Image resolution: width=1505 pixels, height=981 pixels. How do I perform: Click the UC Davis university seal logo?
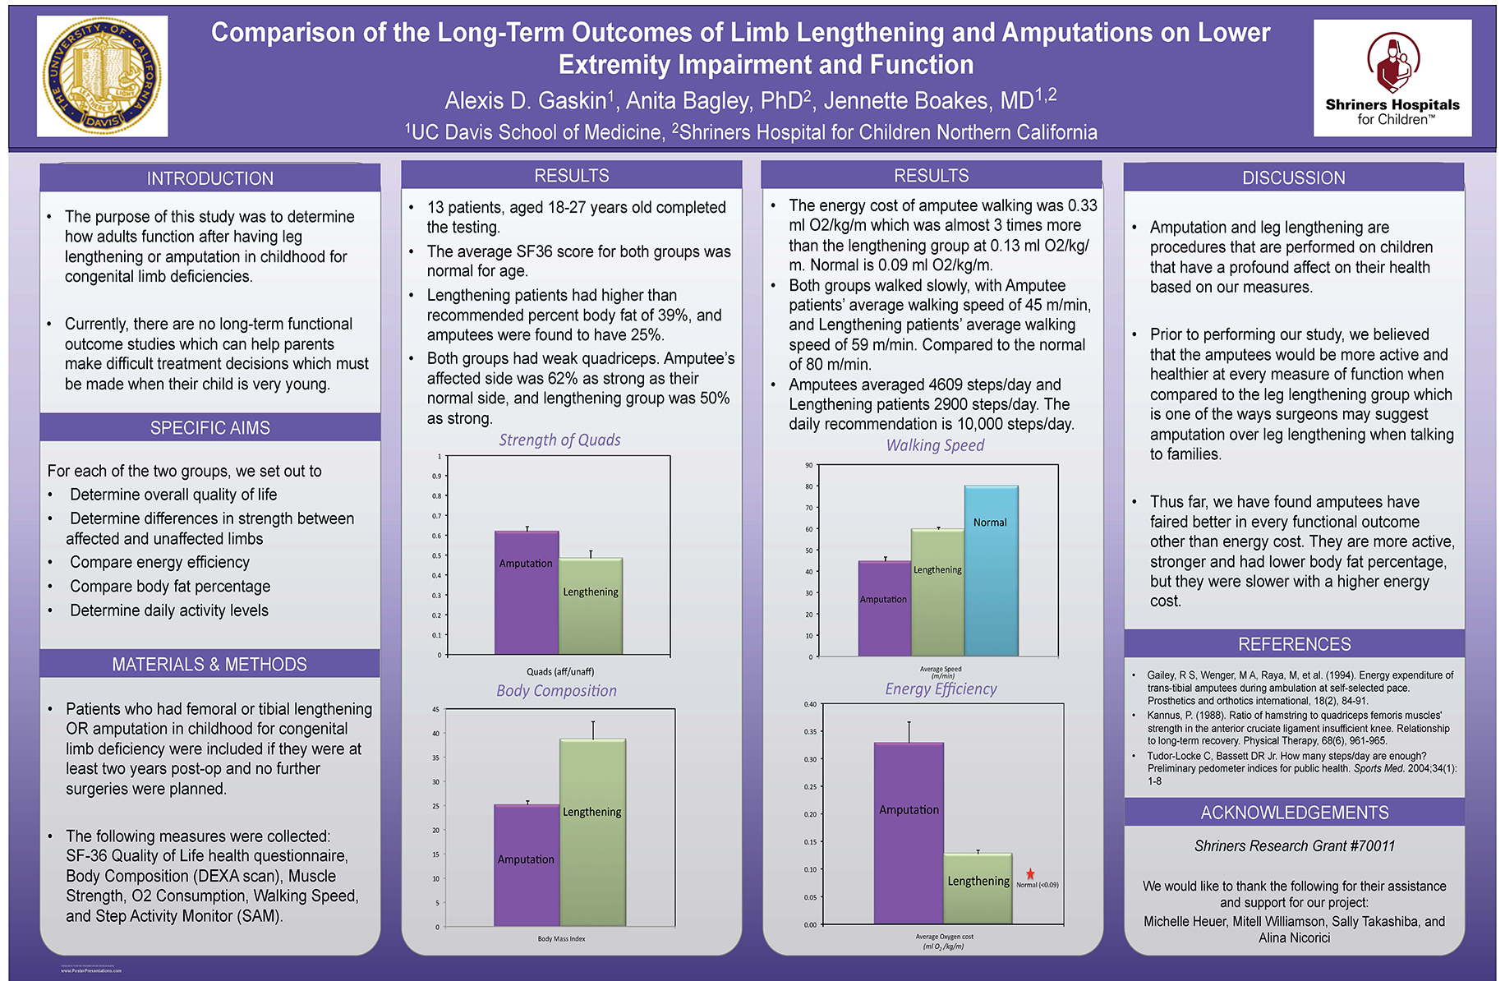pos(102,76)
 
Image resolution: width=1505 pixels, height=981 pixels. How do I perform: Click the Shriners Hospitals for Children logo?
pos(1392,78)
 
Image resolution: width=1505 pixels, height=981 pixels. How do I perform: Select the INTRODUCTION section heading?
pos(209,178)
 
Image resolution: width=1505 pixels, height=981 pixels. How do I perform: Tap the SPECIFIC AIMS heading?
pos(209,428)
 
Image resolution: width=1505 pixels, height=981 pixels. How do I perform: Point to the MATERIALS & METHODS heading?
pos(209,664)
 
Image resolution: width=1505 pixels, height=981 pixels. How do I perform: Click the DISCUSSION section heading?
pos(1293,177)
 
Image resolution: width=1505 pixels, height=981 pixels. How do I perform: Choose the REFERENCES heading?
pos(1294,644)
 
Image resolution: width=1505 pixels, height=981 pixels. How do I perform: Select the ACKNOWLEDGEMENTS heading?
pos(1294,813)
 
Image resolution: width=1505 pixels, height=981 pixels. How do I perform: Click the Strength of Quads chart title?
pos(559,440)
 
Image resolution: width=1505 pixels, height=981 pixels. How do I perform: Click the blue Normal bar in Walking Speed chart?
pos(991,571)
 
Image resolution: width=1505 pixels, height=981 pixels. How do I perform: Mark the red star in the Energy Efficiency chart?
pos(1030,874)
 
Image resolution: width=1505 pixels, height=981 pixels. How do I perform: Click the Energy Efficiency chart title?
pos(941,689)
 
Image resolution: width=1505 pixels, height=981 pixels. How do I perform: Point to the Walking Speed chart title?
pos(935,445)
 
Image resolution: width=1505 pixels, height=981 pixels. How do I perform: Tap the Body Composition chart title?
pos(556,691)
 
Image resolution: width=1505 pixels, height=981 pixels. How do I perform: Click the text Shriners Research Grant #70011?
pos(1294,845)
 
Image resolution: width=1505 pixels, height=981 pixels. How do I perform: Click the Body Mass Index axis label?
pos(561,938)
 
